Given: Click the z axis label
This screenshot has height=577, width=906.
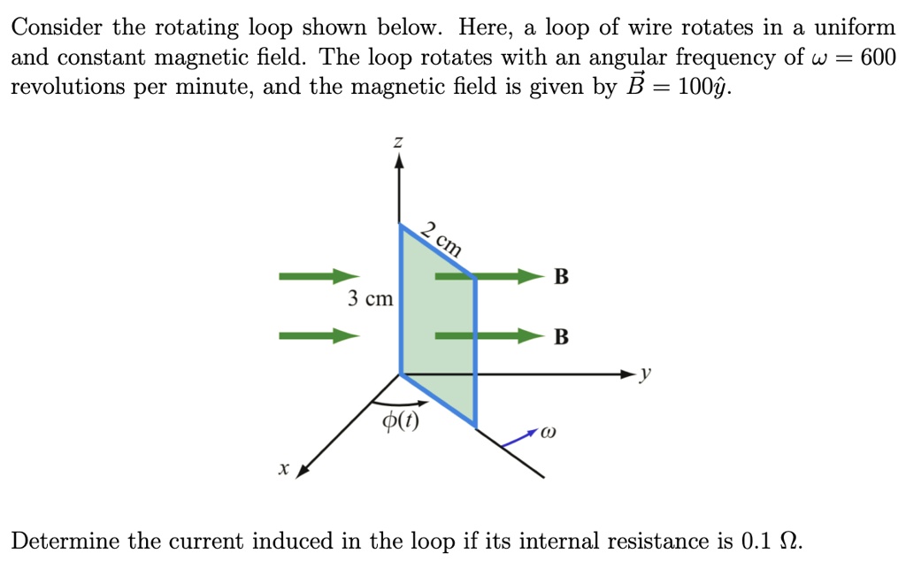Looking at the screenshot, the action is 398,142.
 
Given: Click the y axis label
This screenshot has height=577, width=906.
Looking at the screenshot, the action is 645,373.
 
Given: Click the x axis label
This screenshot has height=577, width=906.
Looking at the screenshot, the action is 283,468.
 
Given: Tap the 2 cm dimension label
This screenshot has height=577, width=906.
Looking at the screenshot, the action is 441,239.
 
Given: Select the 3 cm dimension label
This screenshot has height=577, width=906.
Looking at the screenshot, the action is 371,298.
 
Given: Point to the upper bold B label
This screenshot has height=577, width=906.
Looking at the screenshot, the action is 561,276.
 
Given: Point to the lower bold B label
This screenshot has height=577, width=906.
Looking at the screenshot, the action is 561,336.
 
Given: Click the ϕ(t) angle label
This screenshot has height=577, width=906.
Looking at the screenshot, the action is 401,420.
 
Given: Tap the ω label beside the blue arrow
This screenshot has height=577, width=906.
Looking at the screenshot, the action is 549,433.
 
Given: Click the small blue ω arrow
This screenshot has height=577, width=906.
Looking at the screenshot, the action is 519,438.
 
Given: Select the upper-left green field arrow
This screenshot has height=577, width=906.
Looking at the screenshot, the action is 319,276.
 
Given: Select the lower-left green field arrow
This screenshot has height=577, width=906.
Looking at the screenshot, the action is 319,335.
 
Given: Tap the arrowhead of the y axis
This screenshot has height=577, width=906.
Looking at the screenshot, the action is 629,374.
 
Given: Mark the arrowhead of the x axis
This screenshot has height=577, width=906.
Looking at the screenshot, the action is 303,471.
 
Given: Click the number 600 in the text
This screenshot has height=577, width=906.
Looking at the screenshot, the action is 878,58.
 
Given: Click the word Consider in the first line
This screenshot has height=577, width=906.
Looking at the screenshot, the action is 57,27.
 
